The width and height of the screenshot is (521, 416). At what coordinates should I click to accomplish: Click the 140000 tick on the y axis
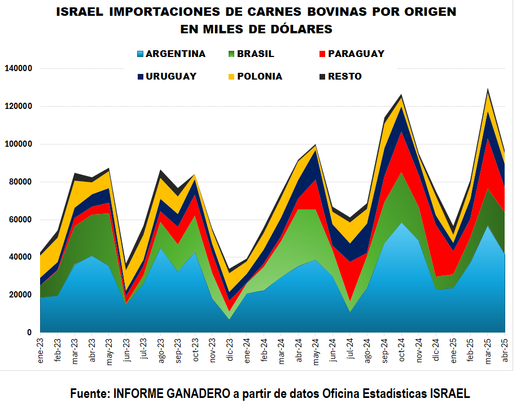pyautogui.click(x=18, y=68)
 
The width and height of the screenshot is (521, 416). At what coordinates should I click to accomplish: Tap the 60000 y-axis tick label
pyautogui.click(x=20, y=220)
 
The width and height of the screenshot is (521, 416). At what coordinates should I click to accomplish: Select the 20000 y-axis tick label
pyautogui.click(x=20, y=295)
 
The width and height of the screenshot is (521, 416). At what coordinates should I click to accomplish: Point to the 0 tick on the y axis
pyautogui.click(x=29, y=333)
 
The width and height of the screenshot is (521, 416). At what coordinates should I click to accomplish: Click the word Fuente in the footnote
pyautogui.click(x=89, y=394)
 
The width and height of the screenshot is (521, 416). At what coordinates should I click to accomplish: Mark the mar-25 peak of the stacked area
pyautogui.click(x=488, y=89)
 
